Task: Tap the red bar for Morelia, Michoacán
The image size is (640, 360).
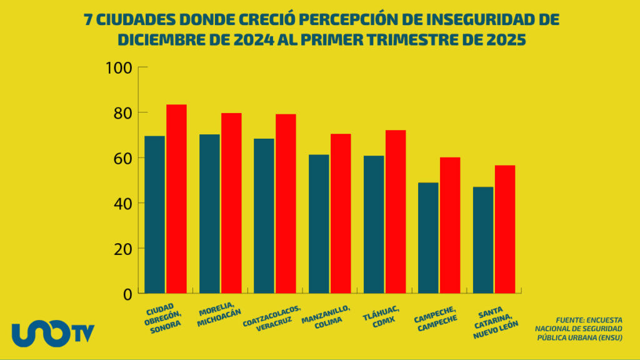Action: pos(231,203)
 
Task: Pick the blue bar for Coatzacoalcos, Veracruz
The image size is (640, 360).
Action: pos(264,216)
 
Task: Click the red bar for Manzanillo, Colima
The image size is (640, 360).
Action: pos(341,213)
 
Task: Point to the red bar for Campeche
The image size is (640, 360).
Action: pos(450,225)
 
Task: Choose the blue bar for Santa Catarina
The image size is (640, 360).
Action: pos(483,240)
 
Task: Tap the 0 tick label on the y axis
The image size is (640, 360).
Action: pos(127,294)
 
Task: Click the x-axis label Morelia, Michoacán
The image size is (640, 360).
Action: pos(219,317)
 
